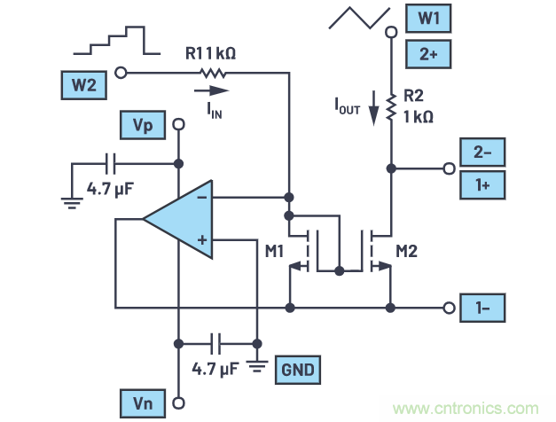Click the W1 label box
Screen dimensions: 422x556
pos(428,18)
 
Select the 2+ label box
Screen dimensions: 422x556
pos(428,54)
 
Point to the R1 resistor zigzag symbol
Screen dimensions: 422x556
pos(210,73)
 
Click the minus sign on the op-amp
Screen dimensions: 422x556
pos(202,198)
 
